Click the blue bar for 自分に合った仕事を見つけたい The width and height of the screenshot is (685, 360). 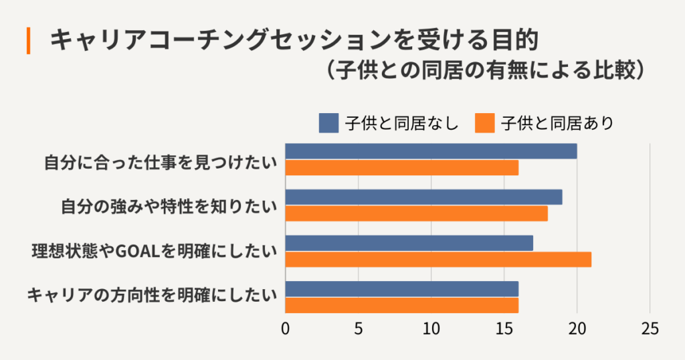(431, 151)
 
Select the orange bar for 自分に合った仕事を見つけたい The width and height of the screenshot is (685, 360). (401, 167)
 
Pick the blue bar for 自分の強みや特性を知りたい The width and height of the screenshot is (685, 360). (423, 197)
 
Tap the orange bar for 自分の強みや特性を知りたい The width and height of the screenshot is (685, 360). (416, 213)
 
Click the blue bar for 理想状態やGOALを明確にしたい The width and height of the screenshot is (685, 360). (409, 243)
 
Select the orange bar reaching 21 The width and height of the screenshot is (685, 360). (438, 259)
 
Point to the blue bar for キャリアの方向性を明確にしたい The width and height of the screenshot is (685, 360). (401, 289)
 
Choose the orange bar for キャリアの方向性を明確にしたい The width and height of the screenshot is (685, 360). (401, 305)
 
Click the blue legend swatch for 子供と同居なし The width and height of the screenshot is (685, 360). (328, 123)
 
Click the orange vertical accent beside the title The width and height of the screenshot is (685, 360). (29, 41)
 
